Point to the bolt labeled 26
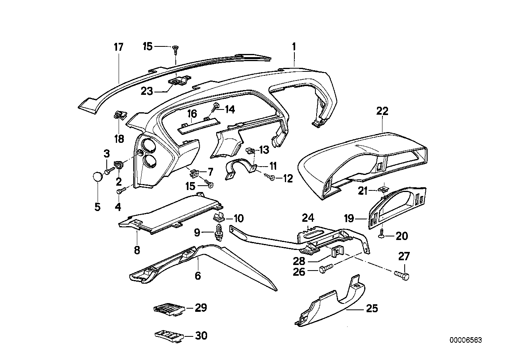[x=325, y=270]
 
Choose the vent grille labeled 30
[x=169, y=336]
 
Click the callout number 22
[x=382, y=111]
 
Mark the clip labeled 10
[x=219, y=217]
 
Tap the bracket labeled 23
[x=181, y=81]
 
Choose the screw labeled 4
[x=121, y=191]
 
